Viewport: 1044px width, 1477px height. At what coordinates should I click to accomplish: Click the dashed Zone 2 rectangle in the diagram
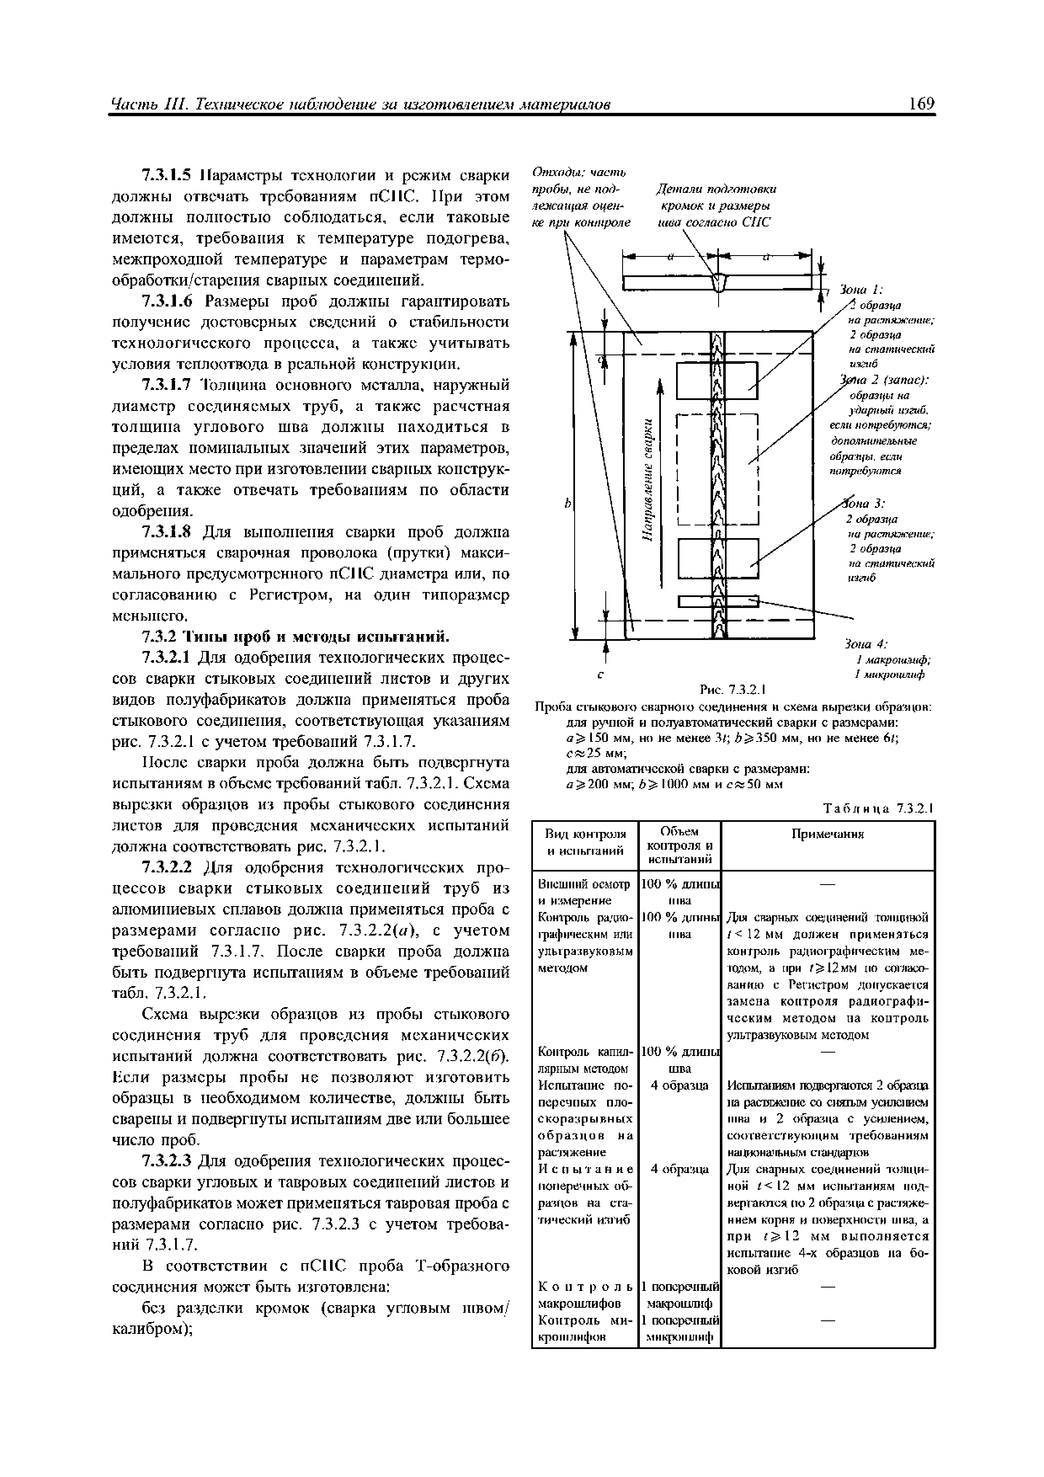click(x=719, y=469)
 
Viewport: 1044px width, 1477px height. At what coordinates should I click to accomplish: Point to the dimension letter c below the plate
click(x=600, y=675)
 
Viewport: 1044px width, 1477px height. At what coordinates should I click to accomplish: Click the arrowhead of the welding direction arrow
click(x=660, y=384)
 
